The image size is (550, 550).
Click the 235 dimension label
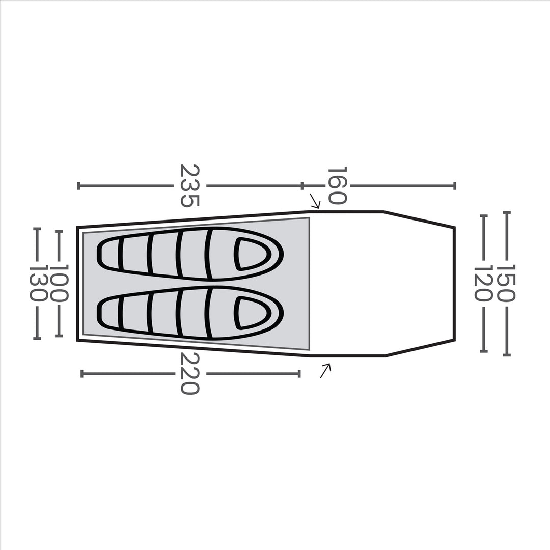189,186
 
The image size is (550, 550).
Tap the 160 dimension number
337,186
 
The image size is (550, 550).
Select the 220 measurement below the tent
189,374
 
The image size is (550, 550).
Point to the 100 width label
59,284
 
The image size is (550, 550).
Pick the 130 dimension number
38,284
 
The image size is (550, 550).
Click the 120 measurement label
483,284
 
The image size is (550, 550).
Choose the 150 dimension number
506,284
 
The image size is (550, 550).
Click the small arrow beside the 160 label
315,201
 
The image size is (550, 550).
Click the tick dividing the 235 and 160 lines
302,186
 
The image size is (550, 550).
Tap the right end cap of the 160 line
454,186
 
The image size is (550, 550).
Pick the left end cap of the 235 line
78,186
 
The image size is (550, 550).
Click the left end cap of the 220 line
81,374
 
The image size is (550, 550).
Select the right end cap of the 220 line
299,374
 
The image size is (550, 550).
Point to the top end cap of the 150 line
506,212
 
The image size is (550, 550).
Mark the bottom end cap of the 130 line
37,338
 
